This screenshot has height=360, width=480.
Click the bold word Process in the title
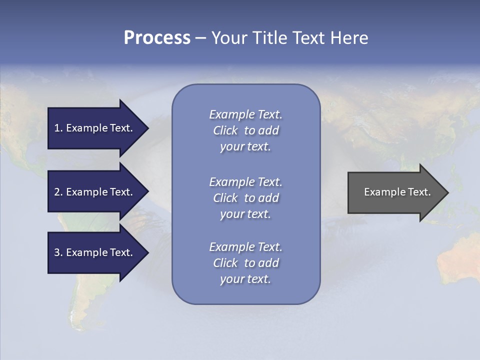tap(157, 38)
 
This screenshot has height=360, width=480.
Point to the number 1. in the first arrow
tap(58, 128)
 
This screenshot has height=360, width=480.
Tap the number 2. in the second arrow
tap(58, 192)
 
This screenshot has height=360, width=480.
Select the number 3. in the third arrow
tap(58, 252)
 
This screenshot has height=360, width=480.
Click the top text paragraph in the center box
tap(245, 130)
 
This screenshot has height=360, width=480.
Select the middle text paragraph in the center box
tap(245, 198)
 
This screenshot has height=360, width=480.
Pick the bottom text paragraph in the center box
tap(245, 263)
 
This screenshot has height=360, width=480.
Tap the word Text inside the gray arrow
tap(419, 192)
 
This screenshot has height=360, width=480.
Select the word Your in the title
tap(228, 38)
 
